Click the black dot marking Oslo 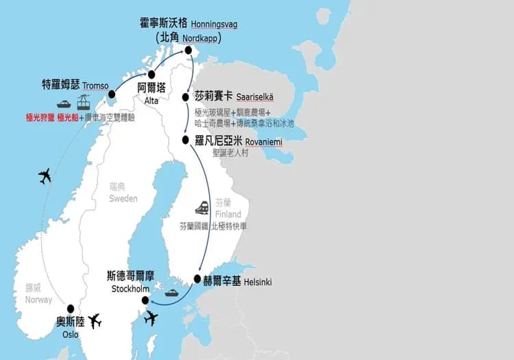coord(70,309)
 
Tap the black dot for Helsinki coord(198,279)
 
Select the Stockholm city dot coord(145,300)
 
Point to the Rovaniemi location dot coord(186,140)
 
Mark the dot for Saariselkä coord(186,97)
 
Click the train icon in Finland coord(202,207)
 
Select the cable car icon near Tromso coord(84,104)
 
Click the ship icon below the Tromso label coord(64,104)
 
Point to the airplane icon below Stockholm coord(151,318)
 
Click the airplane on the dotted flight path coord(45,176)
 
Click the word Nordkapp coord(201,38)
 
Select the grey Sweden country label coord(123,198)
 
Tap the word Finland coord(229,215)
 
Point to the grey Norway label coord(38,300)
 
